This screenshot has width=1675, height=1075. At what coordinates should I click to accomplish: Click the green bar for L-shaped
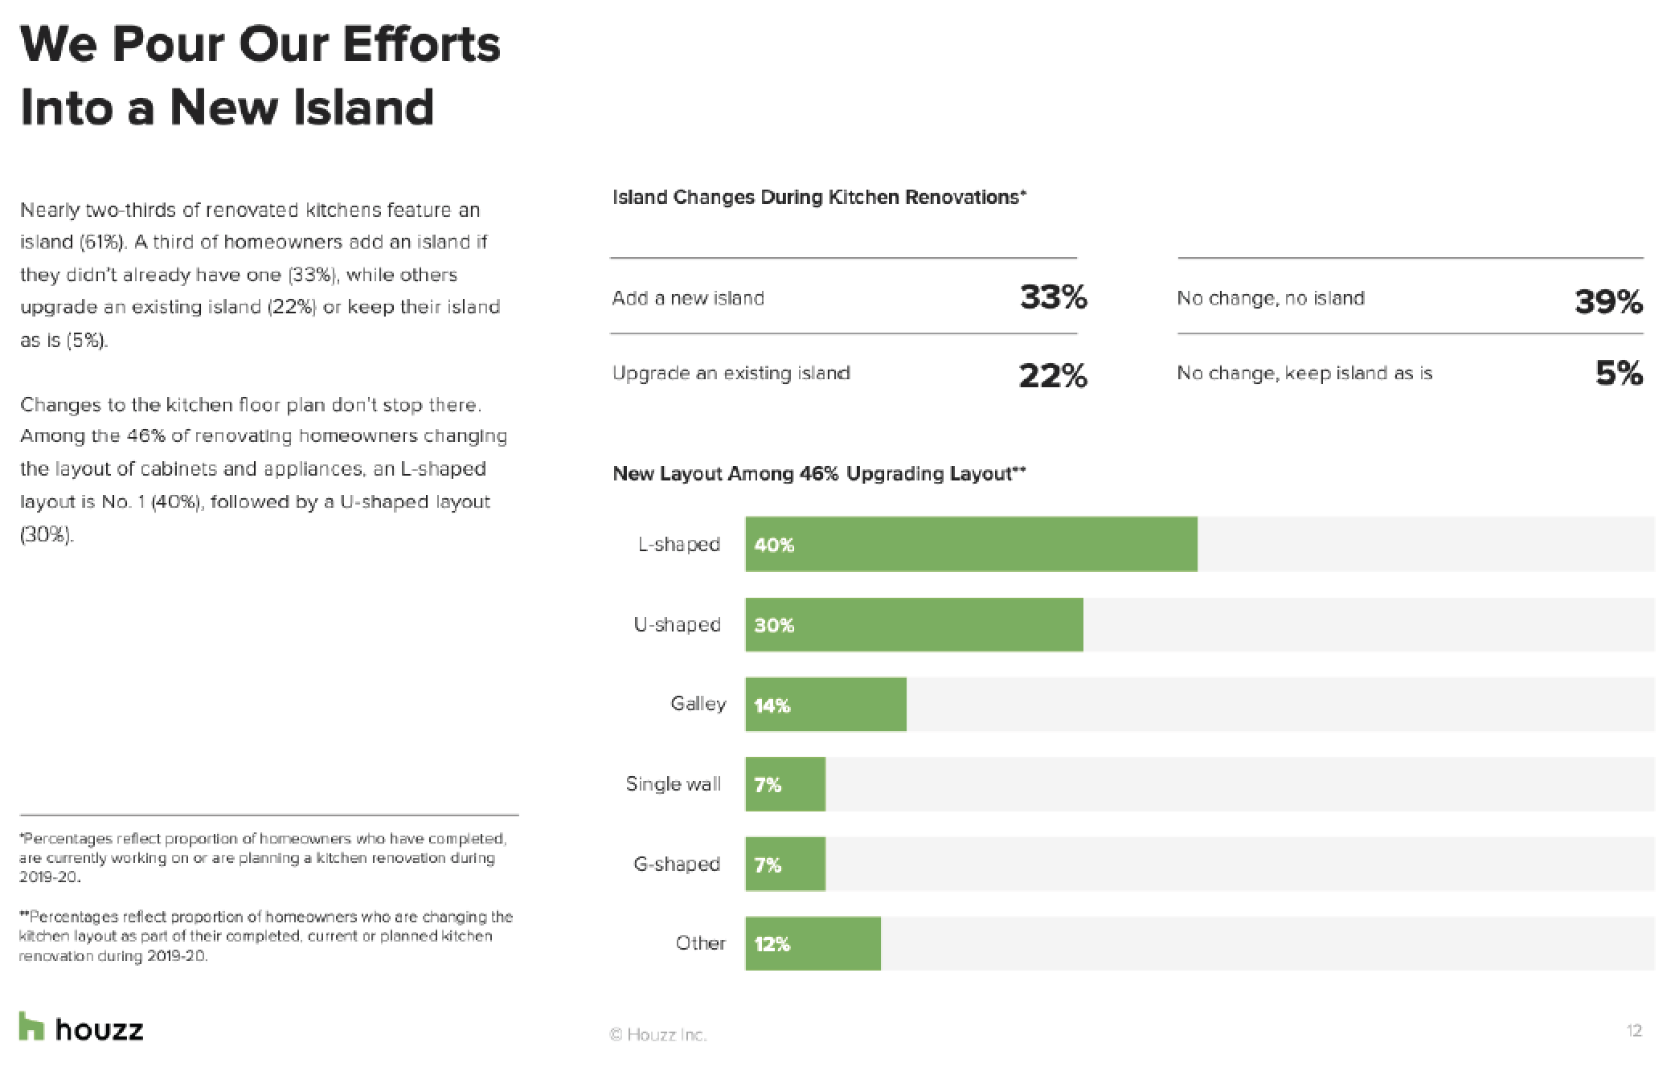[971, 544]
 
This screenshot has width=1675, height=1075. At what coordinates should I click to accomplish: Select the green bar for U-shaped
[914, 624]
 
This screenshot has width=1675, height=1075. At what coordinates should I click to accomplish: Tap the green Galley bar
[825, 705]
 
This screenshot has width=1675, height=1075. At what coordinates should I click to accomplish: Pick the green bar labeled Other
[813, 943]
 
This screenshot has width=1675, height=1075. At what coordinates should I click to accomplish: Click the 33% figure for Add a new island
[1053, 298]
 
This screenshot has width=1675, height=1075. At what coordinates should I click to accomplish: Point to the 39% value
[1608, 301]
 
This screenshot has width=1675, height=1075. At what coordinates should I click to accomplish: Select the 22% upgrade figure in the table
[1053, 375]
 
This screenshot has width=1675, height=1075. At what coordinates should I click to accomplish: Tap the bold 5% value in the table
[1619, 373]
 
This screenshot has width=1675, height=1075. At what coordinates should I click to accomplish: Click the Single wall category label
[673, 783]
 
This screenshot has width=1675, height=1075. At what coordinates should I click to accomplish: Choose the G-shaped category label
[677, 864]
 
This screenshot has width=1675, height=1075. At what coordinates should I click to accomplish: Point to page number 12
[1633, 1031]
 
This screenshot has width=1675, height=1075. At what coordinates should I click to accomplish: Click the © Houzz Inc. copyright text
[658, 1035]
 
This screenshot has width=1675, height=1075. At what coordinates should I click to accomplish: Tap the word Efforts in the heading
[421, 44]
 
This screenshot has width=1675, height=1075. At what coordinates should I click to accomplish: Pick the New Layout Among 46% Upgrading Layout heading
[819, 473]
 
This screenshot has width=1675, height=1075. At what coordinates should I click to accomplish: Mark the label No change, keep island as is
[1304, 373]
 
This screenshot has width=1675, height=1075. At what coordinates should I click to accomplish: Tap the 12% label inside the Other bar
[772, 944]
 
